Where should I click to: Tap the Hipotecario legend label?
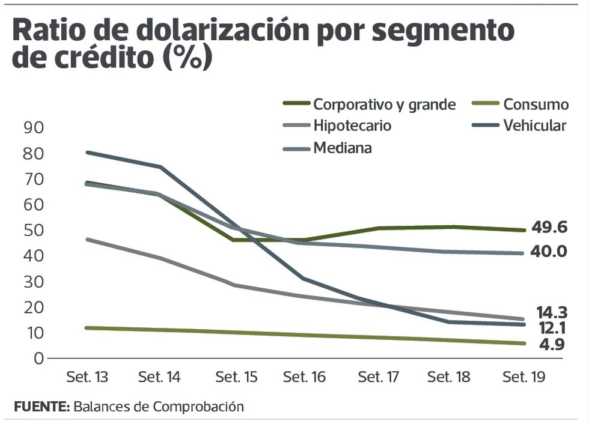pyautogui.click(x=352, y=126)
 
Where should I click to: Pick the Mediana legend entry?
pyautogui.click(x=342, y=147)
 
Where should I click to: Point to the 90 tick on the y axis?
pyautogui.click(x=34, y=128)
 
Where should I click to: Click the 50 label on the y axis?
pyautogui.click(x=34, y=231)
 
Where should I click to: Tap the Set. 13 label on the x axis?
pyautogui.click(x=87, y=378)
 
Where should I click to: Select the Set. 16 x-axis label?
pyautogui.click(x=305, y=378)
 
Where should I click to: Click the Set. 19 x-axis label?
pyautogui.click(x=523, y=378)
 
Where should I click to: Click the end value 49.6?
pyautogui.click(x=549, y=228)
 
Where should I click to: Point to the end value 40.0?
pyautogui.click(x=548, y=252)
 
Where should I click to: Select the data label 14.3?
pyautogui.click(x=552, y=312)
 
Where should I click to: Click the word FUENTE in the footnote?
pyautogui.click(x=41, y=406)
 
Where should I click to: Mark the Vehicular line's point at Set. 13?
pyautogui.click(x=87, y=153)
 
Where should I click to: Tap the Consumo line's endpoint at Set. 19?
pyautogui.click(x=523, y=344)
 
